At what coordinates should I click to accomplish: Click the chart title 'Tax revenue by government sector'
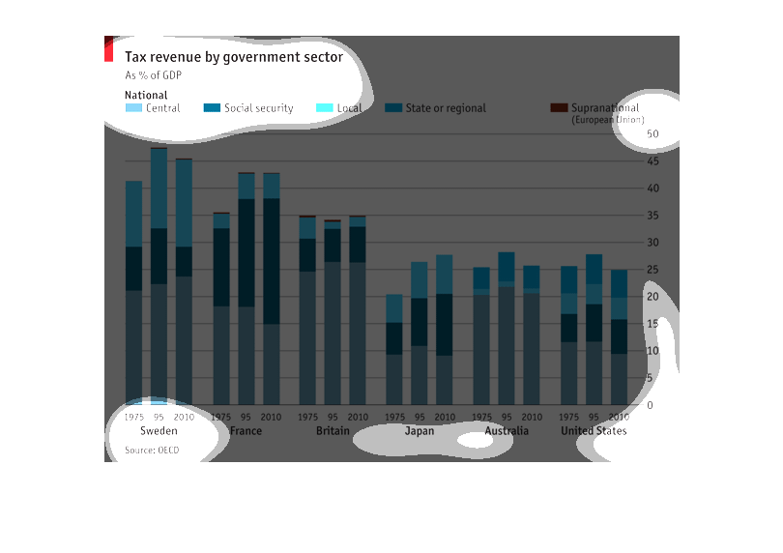(233, 58)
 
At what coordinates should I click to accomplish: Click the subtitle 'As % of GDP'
(153, 75)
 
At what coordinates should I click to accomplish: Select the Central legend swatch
(133, 108)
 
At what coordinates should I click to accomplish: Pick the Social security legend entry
(258, 108)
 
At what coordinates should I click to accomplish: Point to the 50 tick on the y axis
(652, 133)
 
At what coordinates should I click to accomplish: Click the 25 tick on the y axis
(652, 269)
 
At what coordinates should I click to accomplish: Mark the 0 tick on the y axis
(650, 405)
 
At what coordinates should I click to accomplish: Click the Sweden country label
(159, 431)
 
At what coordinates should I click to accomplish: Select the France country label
(246, 431)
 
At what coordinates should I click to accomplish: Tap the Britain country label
(333, 431)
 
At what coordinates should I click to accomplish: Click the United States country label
(594, 431)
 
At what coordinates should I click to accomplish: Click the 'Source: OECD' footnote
(152, 451)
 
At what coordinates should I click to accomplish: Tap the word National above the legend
(146, 96)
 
